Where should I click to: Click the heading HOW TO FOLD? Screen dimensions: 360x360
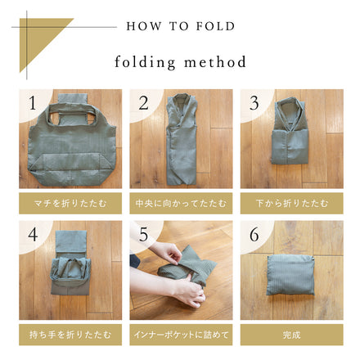pyautogui.click(x=180, y=26)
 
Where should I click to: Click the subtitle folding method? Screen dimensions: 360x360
pyautogui.click(x=180, y=62)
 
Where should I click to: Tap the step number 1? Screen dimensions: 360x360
pyautogui.click(x=33, y=104)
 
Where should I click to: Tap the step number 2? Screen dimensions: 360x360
pyautogui.click(x=143, y=104)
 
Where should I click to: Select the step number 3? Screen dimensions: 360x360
pyautogui.click(x=254, y=104)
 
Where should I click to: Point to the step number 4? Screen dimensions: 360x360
pyautogui.click(x=33, y=235)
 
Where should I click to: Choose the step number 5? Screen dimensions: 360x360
pyautogui.click(x=143, y=235)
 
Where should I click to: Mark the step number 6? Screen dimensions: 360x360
pyautogui.click(x=254, y=235)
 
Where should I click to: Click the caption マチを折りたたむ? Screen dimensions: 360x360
pyautogui.click(x=70, y=202)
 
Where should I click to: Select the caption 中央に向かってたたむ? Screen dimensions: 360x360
pyautogui.click(x=180, y=202)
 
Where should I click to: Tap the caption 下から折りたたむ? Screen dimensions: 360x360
pyautogui.click(x=290, y=202)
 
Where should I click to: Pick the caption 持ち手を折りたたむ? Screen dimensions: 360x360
pyautogui.click(x=70, y=334)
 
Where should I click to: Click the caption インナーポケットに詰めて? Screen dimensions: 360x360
pyautogui.click(x=180, y=334)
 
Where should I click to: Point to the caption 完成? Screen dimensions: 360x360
pyautogui.click(x=290, y=334)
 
